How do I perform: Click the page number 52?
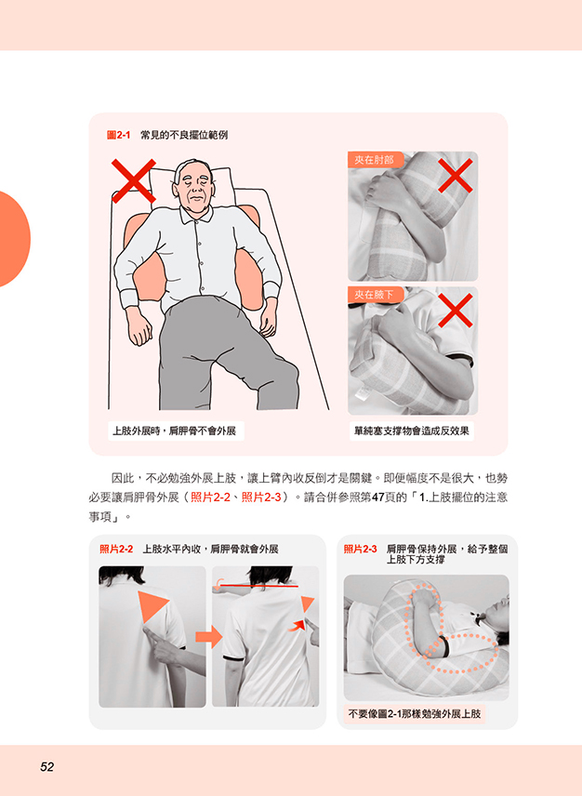(47, 766)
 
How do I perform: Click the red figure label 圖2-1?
(118, 135)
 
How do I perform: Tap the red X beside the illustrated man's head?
(134, 180)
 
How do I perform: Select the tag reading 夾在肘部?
(374, 160)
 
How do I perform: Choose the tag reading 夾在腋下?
(374, 295)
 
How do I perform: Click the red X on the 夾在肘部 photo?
(456, 176)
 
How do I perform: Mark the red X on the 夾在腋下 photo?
(456, 311)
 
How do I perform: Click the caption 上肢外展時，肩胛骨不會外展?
(175, 431)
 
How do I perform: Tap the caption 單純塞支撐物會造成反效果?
(412, 431)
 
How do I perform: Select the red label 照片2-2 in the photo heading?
(116, 549)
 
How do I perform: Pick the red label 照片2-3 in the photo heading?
(360, 549)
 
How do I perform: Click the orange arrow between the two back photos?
(208, 637)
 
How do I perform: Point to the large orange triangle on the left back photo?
(152, 605)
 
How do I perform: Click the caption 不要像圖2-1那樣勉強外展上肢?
(414, 714)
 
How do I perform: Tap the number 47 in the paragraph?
(377, 497)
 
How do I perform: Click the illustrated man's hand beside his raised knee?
(267, 320)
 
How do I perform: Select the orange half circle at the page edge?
(15, 239)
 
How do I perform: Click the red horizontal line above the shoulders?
(258, 586)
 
